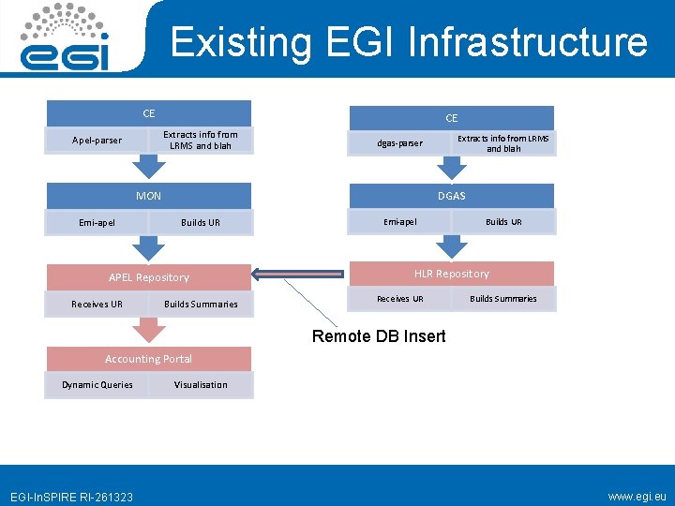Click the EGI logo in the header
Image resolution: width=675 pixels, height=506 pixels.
point(67,37)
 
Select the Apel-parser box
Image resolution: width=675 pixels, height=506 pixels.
point(97,141)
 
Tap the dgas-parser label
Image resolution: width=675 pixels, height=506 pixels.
point(400,143)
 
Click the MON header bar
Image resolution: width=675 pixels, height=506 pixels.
point(148,196)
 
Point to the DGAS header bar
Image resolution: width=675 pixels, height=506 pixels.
point(452,196)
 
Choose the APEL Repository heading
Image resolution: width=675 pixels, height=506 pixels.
point(148,277)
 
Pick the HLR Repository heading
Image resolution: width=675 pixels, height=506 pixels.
point(452,274)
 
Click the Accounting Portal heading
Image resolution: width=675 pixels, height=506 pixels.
point(148,359)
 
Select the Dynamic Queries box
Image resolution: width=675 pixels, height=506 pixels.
point(97,385)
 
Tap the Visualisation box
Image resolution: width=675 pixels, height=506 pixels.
point(201,385)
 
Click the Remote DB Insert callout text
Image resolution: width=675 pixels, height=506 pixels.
point(379,336)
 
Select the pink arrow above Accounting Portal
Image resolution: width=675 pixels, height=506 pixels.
point(149,331)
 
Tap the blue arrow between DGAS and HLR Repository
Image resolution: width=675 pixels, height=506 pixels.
point(452,246)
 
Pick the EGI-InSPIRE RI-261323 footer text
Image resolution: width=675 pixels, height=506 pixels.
point(71,497)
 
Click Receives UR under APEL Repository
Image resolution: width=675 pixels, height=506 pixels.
point(97,305)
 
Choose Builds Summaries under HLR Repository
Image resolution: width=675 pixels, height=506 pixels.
point(503,299)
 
